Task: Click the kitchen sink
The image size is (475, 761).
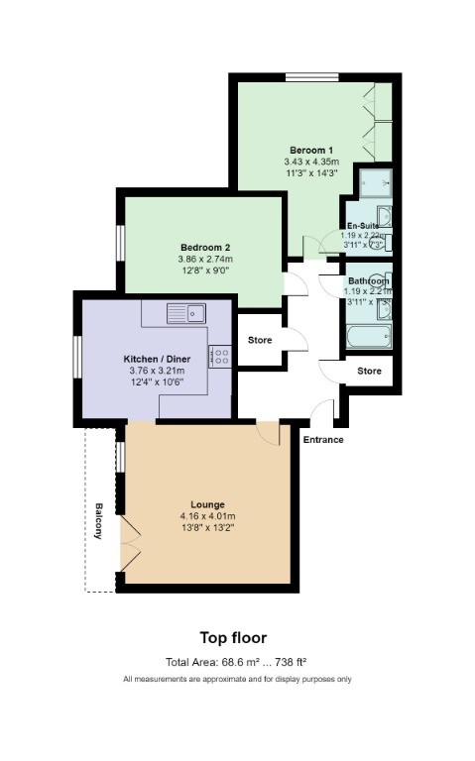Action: [185, 314]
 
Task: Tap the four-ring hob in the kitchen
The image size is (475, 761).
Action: [221, 357]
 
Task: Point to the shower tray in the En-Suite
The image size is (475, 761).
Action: [375, 182]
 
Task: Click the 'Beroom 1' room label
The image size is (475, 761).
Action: [311, 149]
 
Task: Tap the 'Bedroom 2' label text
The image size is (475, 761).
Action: [205, 248]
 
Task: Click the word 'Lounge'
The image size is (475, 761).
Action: [207, 504]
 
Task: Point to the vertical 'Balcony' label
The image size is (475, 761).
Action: [99, 521]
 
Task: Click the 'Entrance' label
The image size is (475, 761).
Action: [323, 439]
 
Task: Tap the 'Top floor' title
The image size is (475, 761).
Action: [233, 638]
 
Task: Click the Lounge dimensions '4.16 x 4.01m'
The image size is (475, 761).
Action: [207, 516]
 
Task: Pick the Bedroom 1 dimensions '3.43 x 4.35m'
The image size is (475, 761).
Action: [311, 161]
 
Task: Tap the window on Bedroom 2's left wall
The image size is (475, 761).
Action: [119, 243]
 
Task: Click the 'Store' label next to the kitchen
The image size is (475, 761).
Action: [259, 340]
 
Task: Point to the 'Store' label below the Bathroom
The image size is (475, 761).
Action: [369, 371]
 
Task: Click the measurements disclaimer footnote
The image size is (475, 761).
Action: [237, 680]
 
